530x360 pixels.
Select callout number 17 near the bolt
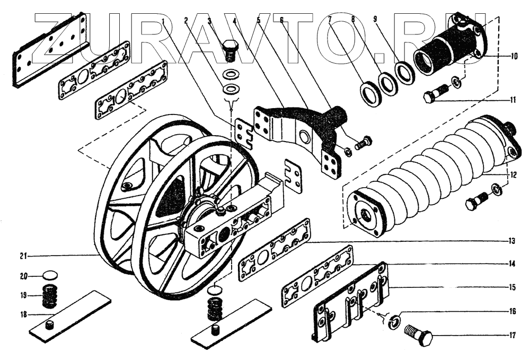(x=511, y=335)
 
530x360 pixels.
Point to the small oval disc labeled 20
(x=50, y=276)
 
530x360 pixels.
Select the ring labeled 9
(x=405, y=72)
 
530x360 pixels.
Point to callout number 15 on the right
(x=511, y=288)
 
